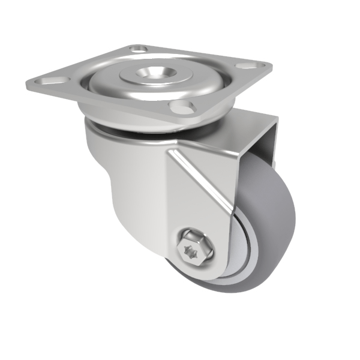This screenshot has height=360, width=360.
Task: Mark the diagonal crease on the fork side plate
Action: point(201,180)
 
